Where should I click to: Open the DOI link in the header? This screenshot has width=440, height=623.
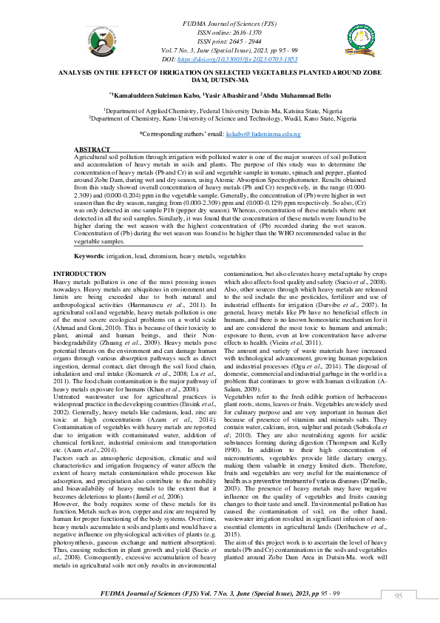click(239, 58)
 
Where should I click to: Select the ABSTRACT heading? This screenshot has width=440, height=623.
click(92, 149)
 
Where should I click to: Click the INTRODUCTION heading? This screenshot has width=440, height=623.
click(80, 275)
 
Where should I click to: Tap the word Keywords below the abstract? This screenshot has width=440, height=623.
click(89, 255)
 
